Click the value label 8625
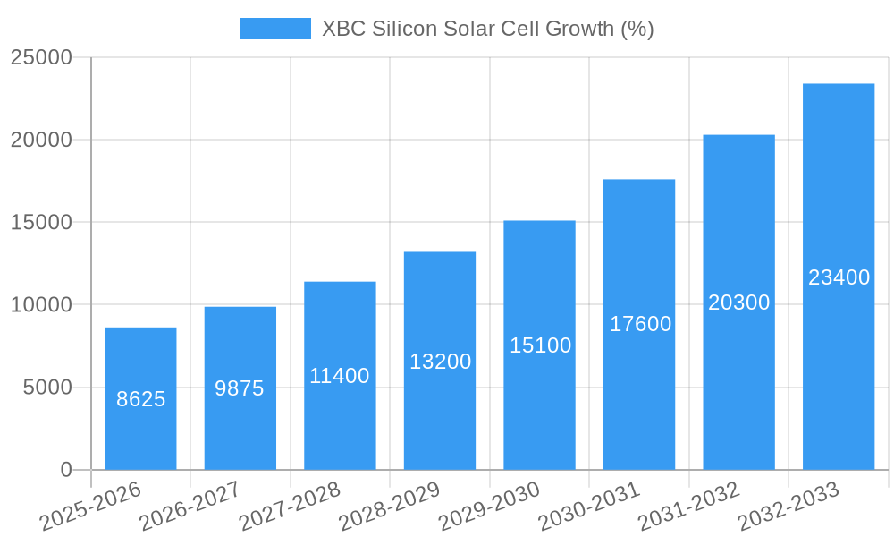point(140,399)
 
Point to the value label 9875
point(240,388)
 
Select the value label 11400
point(340,376)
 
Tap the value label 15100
point(540,345)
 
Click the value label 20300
point(739,303)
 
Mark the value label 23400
point(839,277)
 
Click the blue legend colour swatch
point(274,29)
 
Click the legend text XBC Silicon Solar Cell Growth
point(487,29)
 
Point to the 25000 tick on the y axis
point(41,57)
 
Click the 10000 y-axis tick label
point(41,305)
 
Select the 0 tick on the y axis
point(66,470)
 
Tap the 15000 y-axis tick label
point(41,222)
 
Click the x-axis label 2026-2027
point(190,506)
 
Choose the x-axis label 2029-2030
point(489,506)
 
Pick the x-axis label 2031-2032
point(688,506)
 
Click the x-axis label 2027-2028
point(290,506)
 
